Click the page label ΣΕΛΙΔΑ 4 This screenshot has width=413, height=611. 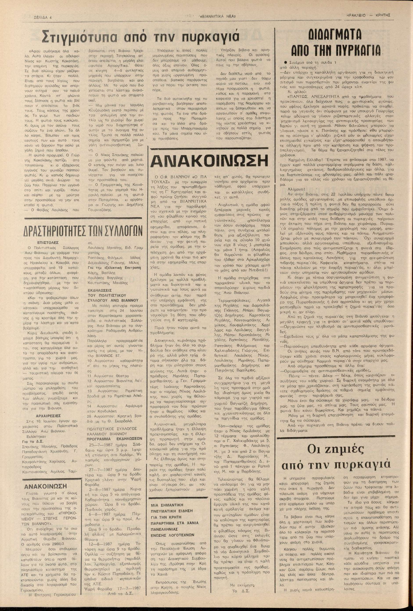pyautogui.click(x=44, y=18)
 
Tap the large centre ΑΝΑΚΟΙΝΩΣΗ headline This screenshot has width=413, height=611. pyautogui.click(x=209, y=160)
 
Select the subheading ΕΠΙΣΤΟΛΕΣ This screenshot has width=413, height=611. pyautogui.click(x=48, y=242)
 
